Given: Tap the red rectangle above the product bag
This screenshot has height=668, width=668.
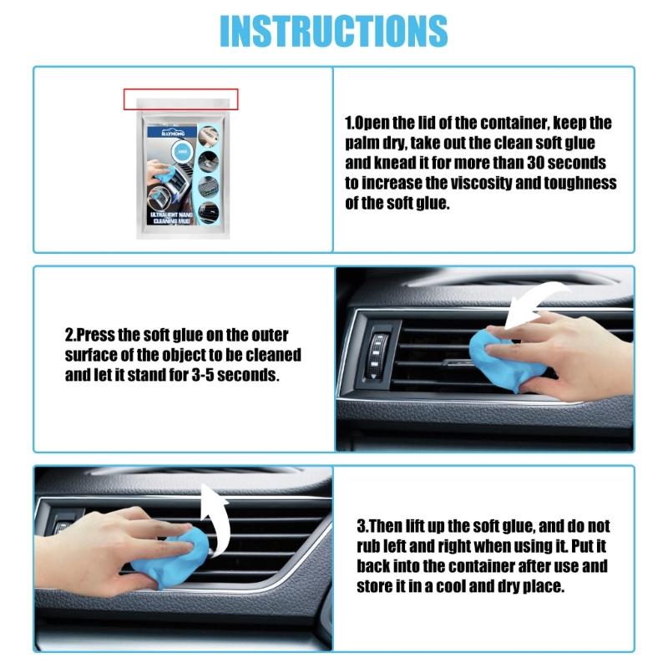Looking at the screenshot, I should (181, 99).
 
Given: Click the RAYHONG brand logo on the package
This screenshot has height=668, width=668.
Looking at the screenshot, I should (166, 132).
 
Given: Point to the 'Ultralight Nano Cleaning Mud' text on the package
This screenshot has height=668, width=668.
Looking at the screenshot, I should (174, 220).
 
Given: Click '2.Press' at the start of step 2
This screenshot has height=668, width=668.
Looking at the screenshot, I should (93, 336).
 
